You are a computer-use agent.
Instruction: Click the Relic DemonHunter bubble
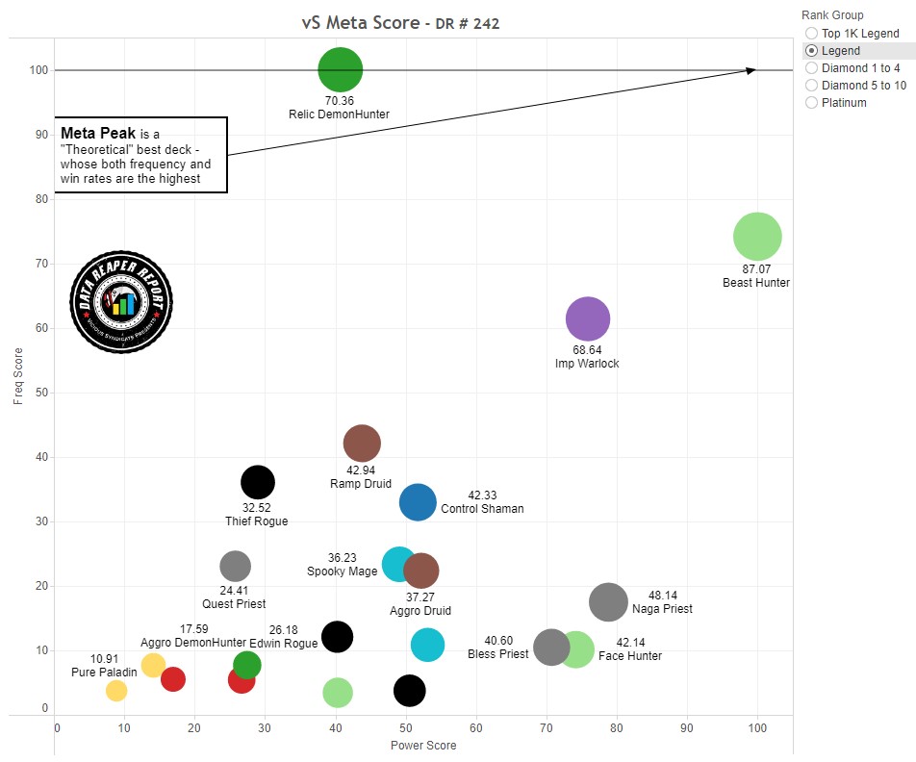[x=341, y=69]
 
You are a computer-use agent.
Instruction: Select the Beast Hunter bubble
[x=757, y=237]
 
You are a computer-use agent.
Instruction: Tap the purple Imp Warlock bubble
[x=588, y=319]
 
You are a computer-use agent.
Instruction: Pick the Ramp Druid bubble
[x=362, y=444]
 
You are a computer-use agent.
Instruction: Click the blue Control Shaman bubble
[x=418, y=502]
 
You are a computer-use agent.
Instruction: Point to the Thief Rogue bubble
[x=257, y=482]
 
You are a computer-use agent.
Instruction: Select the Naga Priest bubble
[x=608, y=602]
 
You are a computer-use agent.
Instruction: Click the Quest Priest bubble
[x=235, y=566]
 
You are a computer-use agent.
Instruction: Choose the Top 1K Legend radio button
[x=812, y=34]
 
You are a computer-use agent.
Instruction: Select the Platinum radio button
[x=812, y=103]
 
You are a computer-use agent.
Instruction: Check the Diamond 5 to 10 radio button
[x=812, y=86]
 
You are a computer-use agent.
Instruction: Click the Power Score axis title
[x=423, y=746]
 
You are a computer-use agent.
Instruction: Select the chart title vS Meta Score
[x=359, y=22]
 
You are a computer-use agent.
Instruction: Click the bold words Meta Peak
[x=97, y=133]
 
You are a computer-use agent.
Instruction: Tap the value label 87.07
[x=757, y=269]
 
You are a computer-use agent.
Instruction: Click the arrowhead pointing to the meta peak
[x=751, y=69]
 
